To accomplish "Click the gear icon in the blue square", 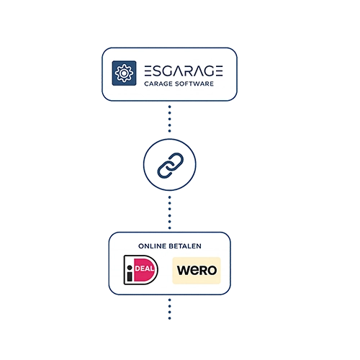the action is (x=124, y=73).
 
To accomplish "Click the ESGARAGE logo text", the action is (x=184, y=71).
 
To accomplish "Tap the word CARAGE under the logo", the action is (x=158, y=84).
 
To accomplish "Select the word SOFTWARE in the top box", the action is (x=194, y=84).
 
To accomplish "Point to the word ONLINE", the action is (x=152, y=246).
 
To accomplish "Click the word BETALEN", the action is (x=185, y=246).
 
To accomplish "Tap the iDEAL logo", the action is (x=141, y=270).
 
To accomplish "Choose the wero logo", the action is (x=197, y=271).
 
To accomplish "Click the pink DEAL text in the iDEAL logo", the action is (x=145, y=269).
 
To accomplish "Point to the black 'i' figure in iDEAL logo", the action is (x=130, y=273).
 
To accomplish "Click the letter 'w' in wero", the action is (x=184, y=271).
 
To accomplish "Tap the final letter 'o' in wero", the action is (x=211, y=271).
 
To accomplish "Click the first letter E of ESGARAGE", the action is (x=148, y=71).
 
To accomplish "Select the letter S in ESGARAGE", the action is (x=158, y=71).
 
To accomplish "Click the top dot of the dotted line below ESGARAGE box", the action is (x=170, y=107).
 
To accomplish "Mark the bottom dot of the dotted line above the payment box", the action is (x=170, y=228).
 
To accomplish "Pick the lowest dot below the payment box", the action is (x=170, y=318).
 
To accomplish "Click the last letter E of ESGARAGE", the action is (x=219, y=71).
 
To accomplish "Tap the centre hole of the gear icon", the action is (x=124, y=73).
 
